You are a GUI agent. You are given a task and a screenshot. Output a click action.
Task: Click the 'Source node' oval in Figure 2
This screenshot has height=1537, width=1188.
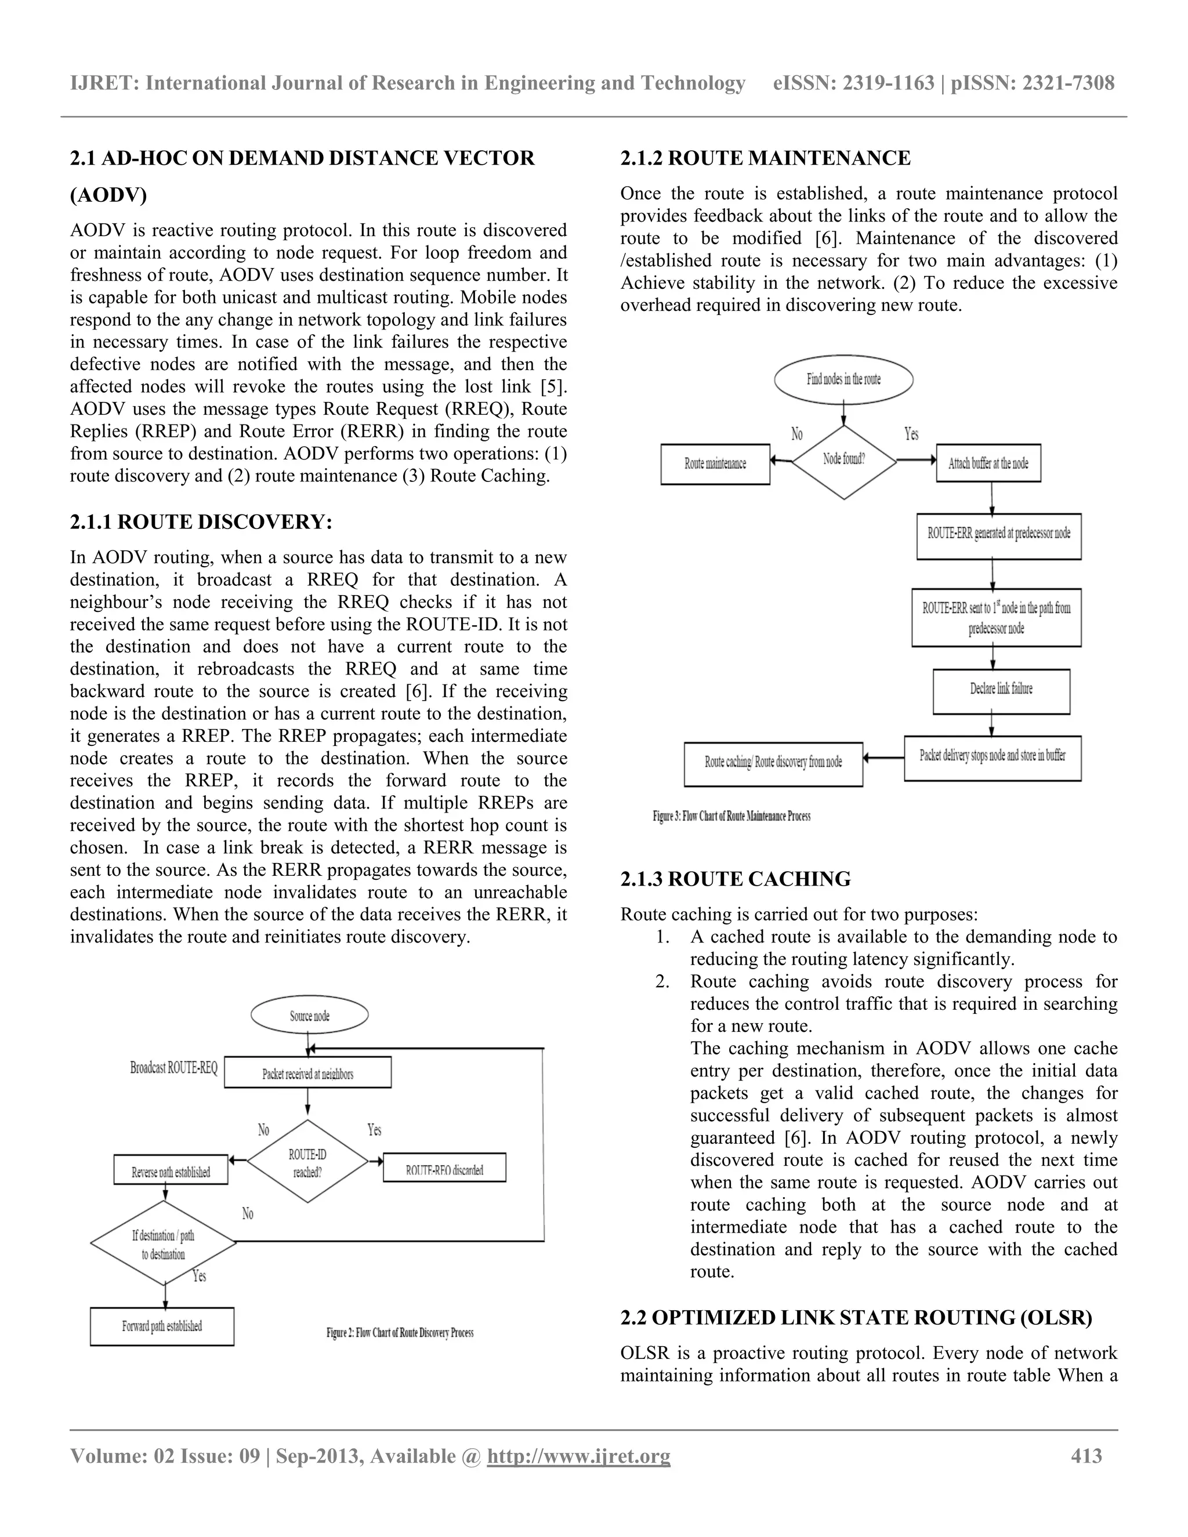[x=309, y=1016]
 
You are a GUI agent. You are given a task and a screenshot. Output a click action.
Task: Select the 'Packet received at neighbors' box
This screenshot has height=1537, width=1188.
[x=307, y=1073]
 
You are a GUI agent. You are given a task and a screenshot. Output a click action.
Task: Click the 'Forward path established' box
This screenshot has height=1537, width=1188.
[x=162, y=1326]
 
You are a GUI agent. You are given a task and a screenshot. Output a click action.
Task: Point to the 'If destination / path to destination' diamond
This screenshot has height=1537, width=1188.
[x=163, y=1244]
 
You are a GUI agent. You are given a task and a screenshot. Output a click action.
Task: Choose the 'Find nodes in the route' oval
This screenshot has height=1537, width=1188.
[x=843, y=379]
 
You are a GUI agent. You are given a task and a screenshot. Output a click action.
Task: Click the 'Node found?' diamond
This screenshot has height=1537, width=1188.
[x=844, y=461]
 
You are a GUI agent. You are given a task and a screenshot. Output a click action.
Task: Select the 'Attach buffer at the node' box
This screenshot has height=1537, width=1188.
[x=988, y=463]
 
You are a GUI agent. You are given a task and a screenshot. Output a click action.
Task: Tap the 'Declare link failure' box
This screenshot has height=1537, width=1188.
[x=1001, y=689]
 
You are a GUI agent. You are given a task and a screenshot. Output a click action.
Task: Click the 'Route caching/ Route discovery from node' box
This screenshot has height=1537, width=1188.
[x=773, y=762]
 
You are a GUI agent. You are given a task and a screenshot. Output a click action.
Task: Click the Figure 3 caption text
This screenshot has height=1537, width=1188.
[x=731, y=817]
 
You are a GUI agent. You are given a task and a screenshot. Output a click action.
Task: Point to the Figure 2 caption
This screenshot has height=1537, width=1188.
[x=400, y=1332]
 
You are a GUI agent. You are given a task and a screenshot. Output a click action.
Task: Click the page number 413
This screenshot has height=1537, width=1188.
[x=1086, y=1455]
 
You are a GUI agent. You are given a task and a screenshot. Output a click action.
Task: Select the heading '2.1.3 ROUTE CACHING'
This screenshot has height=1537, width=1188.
[x=736, y=879]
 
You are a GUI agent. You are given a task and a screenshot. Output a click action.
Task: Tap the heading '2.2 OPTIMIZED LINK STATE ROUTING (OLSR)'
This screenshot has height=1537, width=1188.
[x=856, y=1317]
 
